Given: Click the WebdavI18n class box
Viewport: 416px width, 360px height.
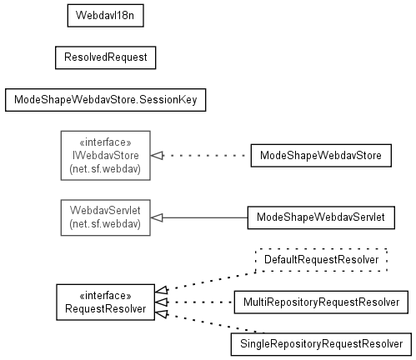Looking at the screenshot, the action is (x=106, y=16).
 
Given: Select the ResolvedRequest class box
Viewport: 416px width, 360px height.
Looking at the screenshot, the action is (x=106, y=57).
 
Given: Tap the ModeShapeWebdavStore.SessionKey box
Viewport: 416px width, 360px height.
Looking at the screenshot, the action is (x=106, y=100).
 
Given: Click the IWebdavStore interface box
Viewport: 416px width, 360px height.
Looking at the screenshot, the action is (x=106, y=156).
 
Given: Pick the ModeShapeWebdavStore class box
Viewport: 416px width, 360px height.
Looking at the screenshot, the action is (x=321, y=156).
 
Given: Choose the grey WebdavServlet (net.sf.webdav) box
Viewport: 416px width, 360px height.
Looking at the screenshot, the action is (x=106, y=217).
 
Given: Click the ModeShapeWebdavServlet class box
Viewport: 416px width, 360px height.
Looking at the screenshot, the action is (x=321, y=217).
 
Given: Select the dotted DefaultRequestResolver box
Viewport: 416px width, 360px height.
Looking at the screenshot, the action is (x=321, y=260).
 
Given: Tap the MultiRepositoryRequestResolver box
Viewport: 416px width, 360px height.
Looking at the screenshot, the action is (x=321, y=302).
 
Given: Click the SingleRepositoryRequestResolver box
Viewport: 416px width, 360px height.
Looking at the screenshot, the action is (x=321, y=344).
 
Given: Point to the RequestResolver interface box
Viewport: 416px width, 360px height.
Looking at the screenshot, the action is (x=106, y=302).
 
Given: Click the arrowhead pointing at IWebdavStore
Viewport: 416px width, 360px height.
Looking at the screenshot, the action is (x=157, y=156).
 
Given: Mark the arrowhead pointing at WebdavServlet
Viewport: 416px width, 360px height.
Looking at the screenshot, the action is (x=157, y=217).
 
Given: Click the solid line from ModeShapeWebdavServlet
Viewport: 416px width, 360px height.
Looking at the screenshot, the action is (x=205, y=217).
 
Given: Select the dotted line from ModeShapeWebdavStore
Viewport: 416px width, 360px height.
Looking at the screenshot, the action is (x=208, y=156).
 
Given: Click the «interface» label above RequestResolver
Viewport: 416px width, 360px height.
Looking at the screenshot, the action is (x=106, y=296).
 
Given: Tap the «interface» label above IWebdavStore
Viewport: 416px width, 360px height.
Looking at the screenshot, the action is (x=106, y=142).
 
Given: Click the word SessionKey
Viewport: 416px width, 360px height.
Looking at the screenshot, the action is (x=168, y=100).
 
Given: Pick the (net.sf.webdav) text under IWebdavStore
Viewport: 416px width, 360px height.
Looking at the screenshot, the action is (x=105, y=169).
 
